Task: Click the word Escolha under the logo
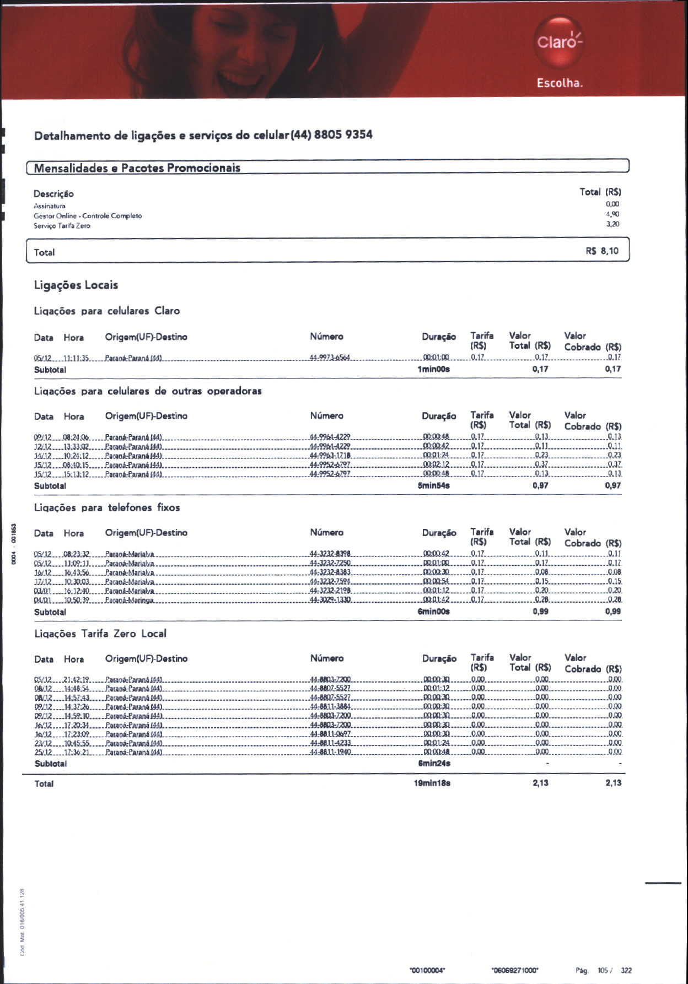(560, 83)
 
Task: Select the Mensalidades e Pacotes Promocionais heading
(137, 168)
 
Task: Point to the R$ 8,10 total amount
(602, 251)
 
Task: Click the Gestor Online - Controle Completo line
(88, 216)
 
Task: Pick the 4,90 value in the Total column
(612, 214)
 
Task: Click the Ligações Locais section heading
(76, 285)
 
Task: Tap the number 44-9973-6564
(330, 358)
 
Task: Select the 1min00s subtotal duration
(434, 369)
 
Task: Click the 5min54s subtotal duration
(434, 486)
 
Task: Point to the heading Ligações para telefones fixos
(107, 507)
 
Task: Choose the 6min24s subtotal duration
(434, 764)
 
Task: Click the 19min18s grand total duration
(432, 783)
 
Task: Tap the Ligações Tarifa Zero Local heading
(100, 634)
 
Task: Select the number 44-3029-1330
(330, 600)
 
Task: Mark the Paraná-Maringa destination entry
(130, 600)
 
